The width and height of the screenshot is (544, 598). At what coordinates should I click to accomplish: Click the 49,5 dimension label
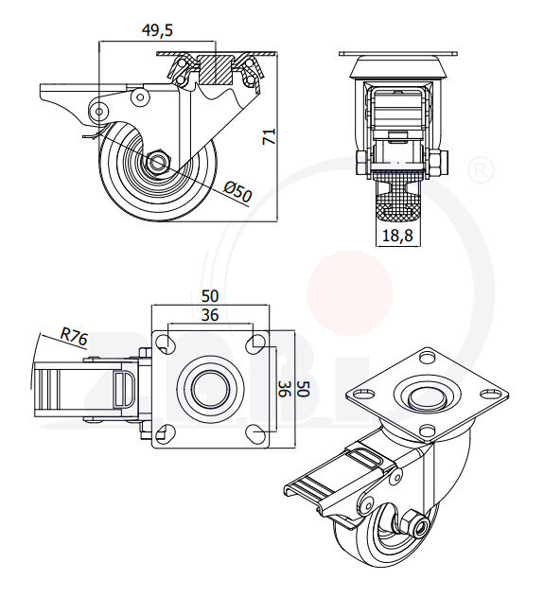(157, 30)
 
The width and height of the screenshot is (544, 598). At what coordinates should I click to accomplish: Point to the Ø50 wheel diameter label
(238, 192)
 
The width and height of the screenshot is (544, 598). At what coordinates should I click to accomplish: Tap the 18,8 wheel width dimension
(395, 237)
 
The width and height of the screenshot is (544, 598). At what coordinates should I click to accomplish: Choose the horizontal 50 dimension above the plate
(211, 296)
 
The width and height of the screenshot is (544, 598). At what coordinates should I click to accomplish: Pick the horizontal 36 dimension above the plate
(211, 315)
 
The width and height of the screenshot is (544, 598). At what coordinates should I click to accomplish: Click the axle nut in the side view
(157, 162)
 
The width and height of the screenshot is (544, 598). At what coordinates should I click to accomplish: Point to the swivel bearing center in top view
(210, 387)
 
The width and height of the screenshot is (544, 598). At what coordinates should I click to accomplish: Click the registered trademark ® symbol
(481, 170)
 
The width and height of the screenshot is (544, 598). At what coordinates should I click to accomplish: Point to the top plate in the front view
(396, 53)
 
